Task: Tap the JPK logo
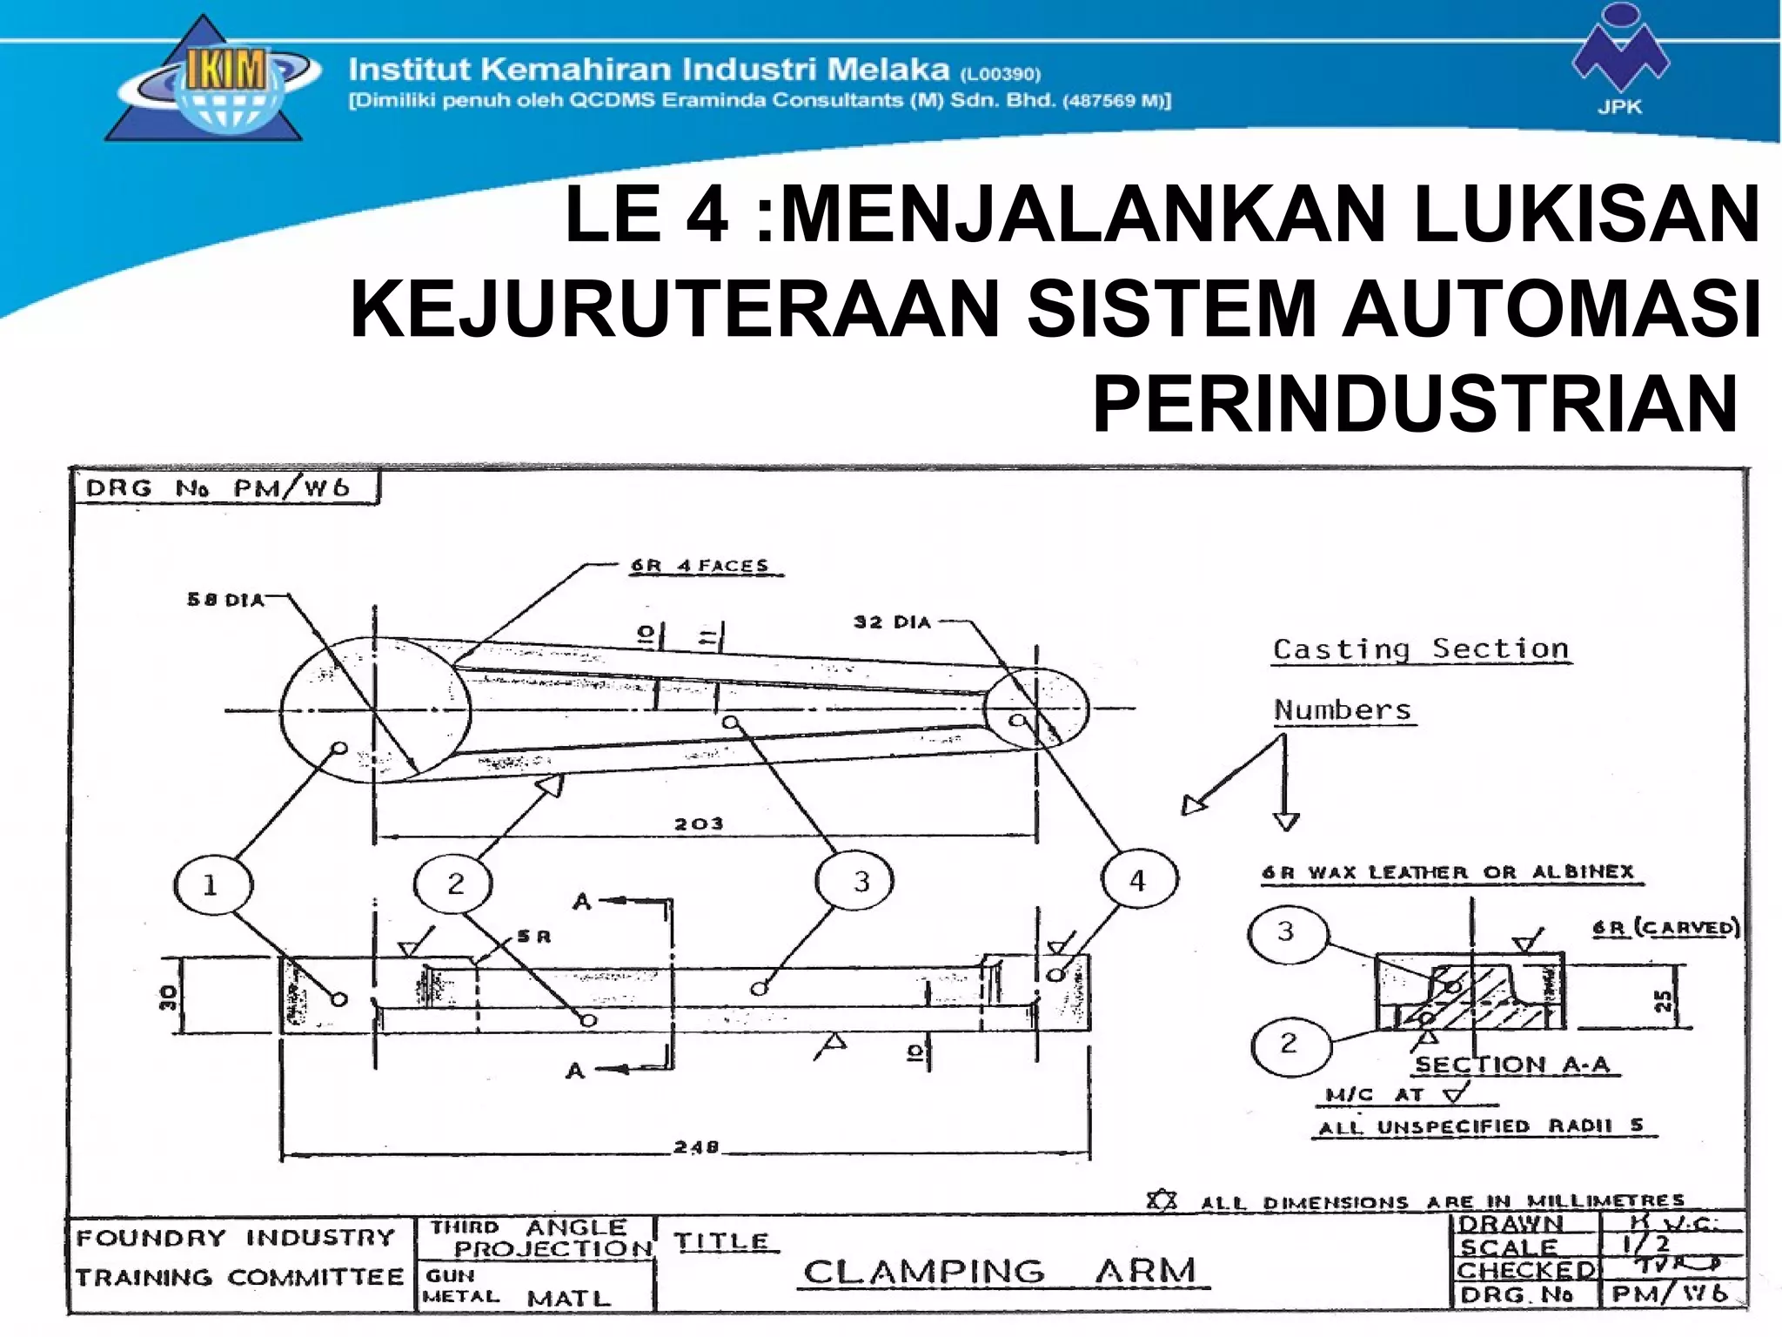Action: [1619, 65]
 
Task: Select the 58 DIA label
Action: [225, 600]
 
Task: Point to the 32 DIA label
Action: [892, 622]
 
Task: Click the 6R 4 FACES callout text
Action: [700, 566]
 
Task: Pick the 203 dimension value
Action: [699, 823]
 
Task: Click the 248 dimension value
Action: [696, 1147]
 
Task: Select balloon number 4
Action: [1138, 881]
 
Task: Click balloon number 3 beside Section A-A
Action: [1286, 932]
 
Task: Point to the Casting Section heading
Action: [1420, 649]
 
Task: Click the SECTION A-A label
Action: [1512, 1065]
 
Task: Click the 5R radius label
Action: [533, 937]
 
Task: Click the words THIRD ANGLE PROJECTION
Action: [539, 1238]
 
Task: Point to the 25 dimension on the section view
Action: [1663, 1001]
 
